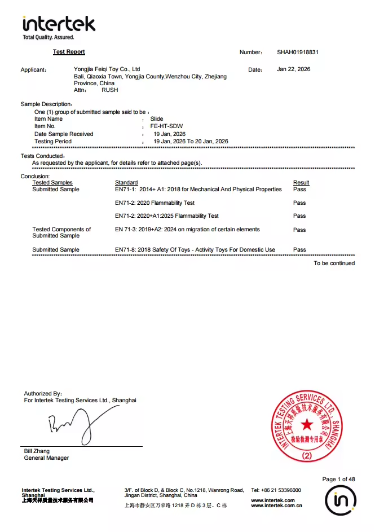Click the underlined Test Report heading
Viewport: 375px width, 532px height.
69,52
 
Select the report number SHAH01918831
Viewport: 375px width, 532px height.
298,52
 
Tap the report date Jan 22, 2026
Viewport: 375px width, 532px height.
293,69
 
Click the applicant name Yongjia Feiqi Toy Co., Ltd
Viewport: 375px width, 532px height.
107,69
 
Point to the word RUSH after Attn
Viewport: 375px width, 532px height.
109,90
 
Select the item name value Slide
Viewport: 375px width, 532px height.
156,119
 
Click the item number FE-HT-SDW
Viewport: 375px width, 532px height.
166,126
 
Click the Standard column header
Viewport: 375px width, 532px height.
126,183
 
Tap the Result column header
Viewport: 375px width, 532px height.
301,183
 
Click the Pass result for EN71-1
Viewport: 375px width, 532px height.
299,190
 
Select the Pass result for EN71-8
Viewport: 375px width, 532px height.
299,249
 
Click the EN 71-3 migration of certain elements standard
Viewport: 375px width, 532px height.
187,230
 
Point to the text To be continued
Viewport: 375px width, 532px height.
334,263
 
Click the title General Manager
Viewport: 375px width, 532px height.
46,458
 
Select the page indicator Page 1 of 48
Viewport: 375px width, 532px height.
338,480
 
